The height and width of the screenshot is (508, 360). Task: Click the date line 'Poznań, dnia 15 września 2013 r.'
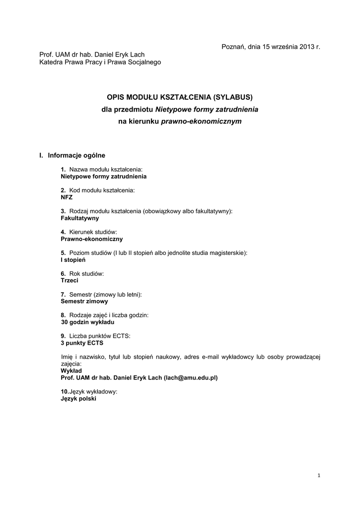[271, 47]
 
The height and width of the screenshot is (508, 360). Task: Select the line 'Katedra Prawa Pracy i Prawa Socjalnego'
[100, 62]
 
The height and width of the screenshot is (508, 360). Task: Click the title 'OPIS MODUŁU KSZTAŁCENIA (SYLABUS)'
[180, 96]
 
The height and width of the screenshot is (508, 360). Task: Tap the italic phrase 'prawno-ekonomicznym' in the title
[202, 121]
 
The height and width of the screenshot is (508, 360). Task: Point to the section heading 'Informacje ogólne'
[76, 155]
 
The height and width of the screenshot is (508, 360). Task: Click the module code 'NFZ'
[67, 197]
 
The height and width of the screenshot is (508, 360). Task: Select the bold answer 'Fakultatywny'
[80, 218]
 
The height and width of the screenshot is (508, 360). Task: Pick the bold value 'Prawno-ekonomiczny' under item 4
[88, 239]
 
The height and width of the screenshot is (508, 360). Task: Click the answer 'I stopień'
[73, 259]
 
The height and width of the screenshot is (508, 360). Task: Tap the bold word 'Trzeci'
[70, 280]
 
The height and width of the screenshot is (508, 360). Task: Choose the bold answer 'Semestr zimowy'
[84, 301]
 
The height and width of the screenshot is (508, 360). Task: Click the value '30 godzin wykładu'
[88, 322]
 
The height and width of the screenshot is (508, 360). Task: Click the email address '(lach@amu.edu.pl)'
[191, 378]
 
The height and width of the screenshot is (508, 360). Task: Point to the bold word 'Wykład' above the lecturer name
[71, 371]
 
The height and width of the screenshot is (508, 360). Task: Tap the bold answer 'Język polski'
[78, 398]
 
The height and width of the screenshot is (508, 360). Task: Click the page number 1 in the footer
[319, 476]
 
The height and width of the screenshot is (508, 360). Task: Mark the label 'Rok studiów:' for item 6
[86, 273]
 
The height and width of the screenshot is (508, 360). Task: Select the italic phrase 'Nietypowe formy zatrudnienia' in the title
[207, 109]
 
